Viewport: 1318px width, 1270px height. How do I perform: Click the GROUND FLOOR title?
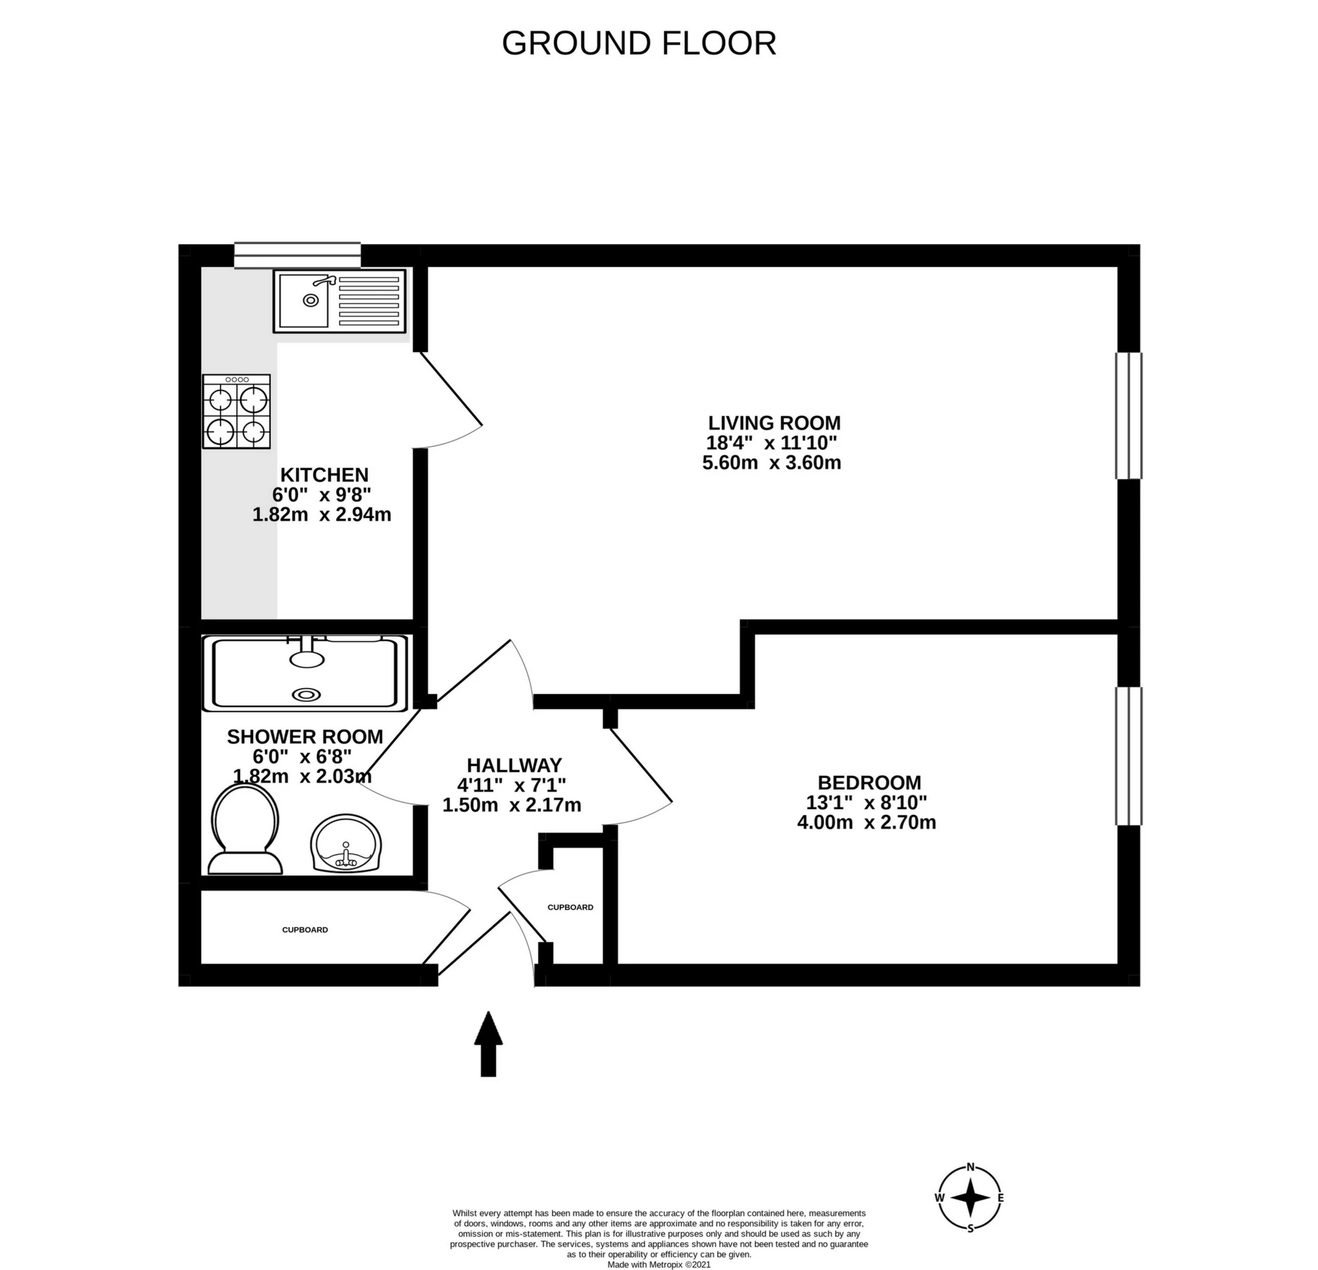639,44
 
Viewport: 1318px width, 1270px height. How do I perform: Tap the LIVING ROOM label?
774,423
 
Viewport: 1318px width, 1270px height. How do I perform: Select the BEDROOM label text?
869,782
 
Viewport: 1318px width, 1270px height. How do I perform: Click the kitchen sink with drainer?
340,301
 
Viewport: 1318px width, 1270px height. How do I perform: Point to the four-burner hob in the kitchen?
237,411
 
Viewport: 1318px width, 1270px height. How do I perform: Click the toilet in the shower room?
245,829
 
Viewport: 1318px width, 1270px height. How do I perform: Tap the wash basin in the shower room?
346,844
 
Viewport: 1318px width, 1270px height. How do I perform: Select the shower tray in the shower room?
305,672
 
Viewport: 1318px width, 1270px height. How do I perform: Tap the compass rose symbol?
970,1197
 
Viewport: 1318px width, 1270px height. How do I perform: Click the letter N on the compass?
970,1167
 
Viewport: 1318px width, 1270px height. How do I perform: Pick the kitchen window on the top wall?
297,256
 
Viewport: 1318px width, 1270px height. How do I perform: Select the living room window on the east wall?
1129,416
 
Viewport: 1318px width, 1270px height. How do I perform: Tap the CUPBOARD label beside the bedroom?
570,907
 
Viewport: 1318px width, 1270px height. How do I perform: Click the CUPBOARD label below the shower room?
305,930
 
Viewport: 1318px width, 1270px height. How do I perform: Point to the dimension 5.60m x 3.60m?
771,463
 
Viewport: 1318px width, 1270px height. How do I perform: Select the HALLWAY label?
514,766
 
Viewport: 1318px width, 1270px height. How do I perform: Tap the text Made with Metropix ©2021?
658,1265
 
